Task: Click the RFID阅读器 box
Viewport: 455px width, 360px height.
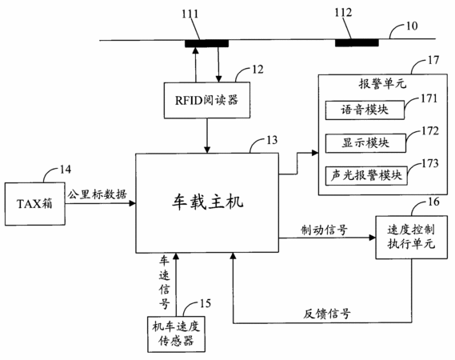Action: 207,100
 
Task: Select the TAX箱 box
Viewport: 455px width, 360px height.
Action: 35,204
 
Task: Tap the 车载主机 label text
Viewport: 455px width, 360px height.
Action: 207,202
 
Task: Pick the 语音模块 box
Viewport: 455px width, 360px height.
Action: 365,110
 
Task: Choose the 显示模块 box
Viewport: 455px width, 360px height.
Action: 365,143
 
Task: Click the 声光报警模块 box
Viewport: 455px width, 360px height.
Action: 366,176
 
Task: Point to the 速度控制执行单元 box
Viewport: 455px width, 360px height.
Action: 412,237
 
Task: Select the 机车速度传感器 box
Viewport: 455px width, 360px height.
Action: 176,334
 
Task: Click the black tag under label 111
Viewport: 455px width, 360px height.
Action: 207,43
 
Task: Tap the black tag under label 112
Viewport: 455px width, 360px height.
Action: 357,42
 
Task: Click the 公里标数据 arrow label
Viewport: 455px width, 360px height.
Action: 98,194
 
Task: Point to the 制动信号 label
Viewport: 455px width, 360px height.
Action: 324,230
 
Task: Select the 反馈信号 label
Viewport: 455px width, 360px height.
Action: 327,314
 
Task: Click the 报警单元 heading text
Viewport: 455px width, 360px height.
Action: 383,84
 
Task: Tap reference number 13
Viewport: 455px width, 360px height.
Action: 272,140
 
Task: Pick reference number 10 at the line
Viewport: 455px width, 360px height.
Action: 412,26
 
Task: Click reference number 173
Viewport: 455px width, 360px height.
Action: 429,163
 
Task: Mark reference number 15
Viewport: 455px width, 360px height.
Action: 206,304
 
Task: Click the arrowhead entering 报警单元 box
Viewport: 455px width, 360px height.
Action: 315,153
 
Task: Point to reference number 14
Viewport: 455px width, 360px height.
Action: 66,170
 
